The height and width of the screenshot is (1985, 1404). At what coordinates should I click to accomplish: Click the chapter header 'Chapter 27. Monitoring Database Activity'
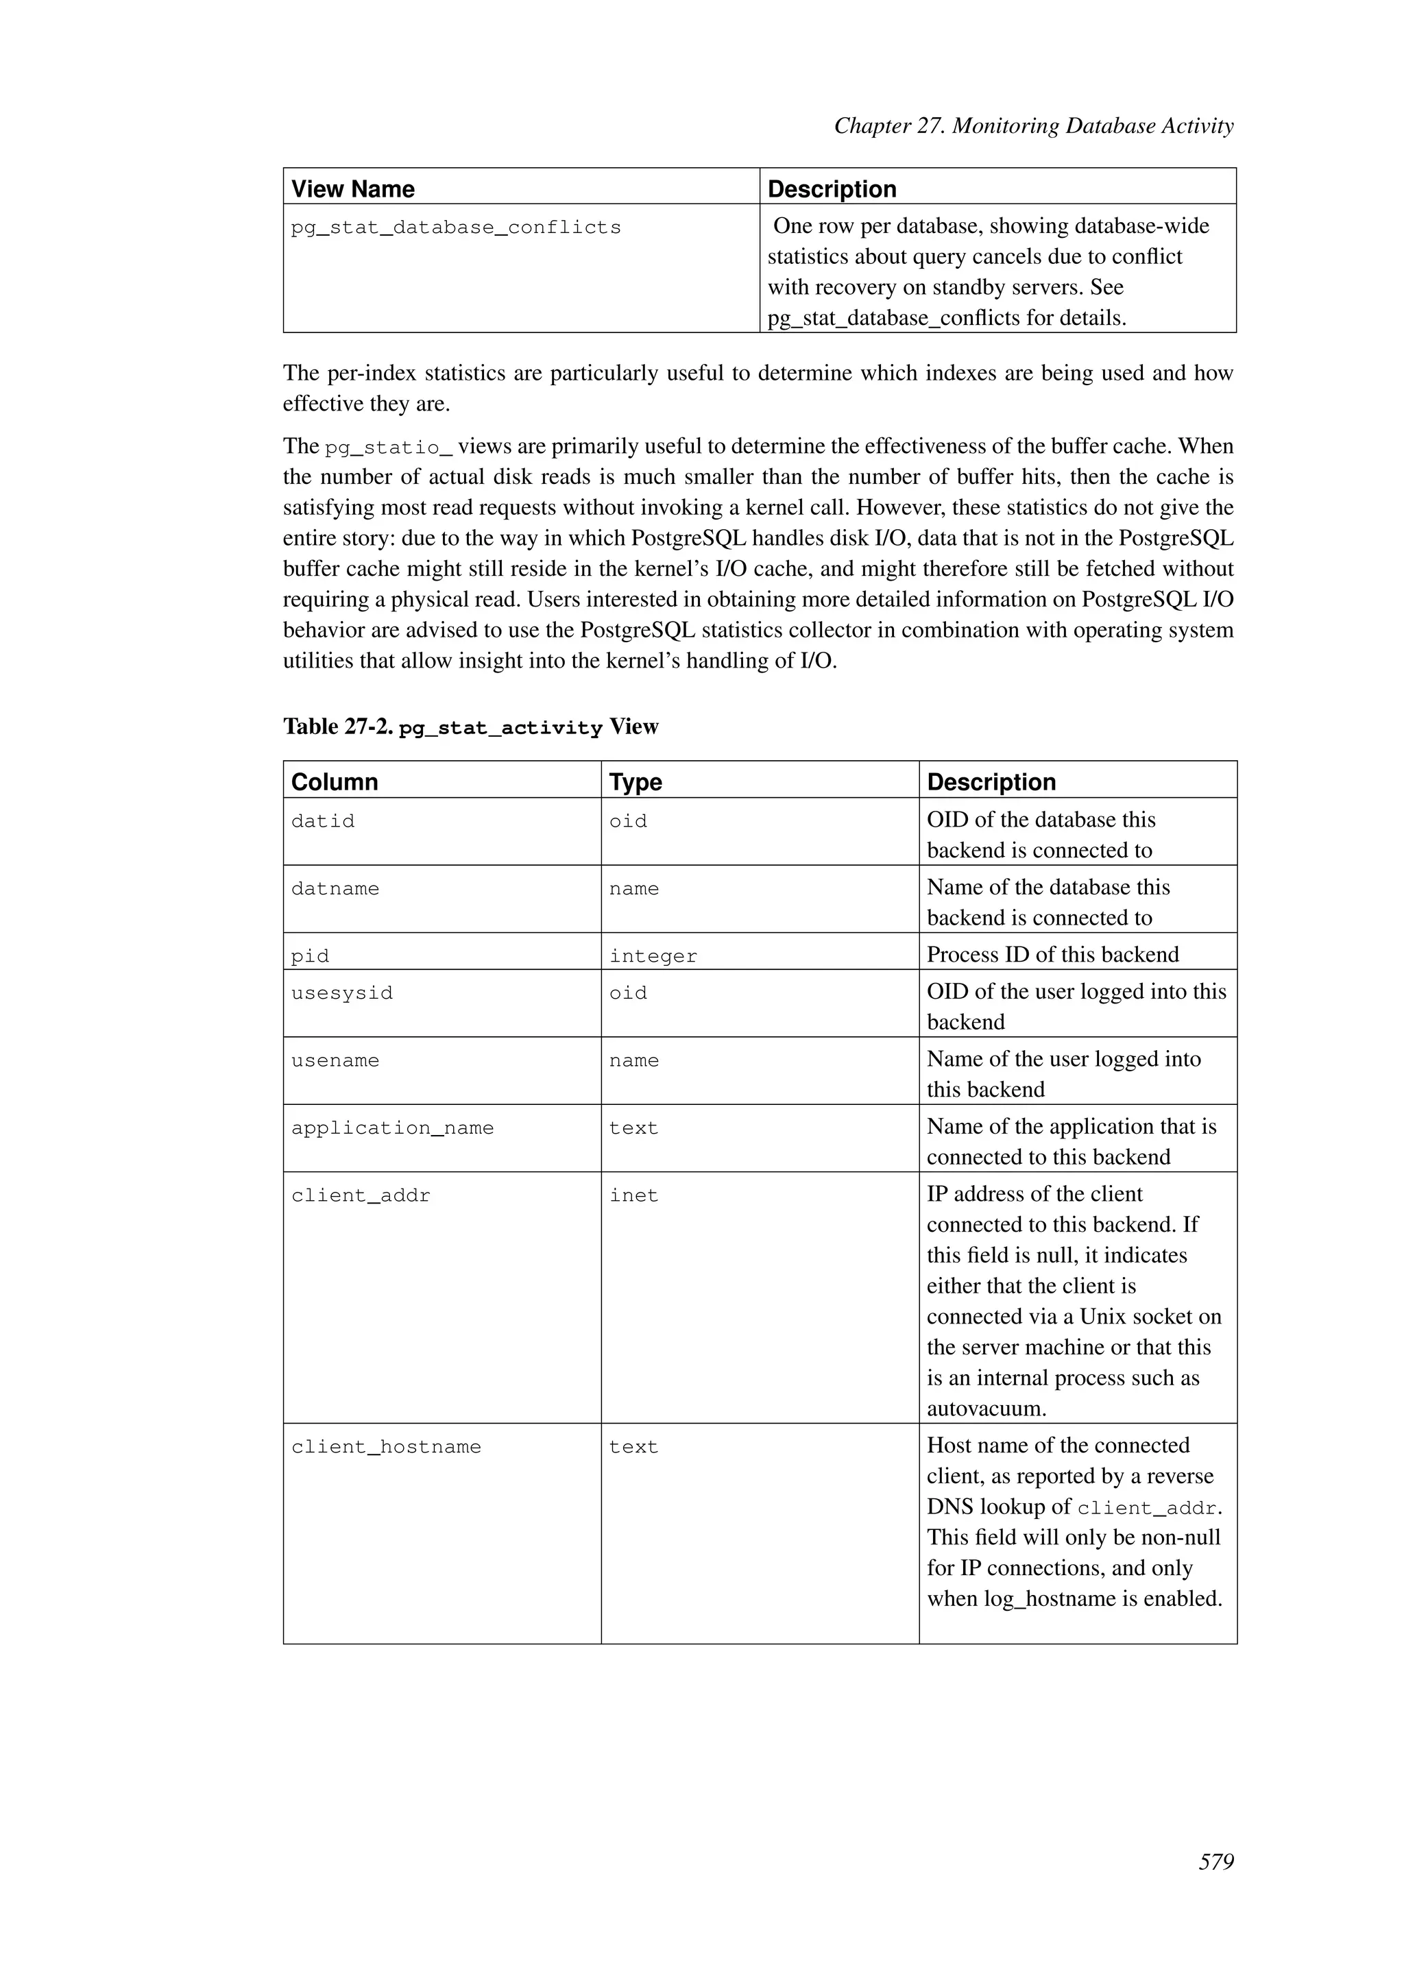tap(1033, 126)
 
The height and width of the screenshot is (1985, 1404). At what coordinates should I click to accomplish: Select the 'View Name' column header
tap(353, 188)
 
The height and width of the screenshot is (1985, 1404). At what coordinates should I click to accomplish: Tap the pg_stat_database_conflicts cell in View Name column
tap(456, 228)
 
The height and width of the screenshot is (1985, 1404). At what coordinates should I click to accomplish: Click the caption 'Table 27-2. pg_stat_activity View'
tap(470, 727)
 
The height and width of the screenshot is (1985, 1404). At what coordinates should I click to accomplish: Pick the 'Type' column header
tap(636, 781)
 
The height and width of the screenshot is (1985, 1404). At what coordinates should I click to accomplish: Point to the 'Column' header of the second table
tap(335, 781)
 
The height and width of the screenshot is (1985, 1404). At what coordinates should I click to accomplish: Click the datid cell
tap(322, 821)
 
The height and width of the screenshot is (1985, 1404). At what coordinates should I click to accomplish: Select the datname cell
tap(335, 889)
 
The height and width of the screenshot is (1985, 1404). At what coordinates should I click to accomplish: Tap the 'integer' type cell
tap(653, 956)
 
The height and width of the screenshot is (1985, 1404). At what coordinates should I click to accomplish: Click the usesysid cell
tap(341, 993)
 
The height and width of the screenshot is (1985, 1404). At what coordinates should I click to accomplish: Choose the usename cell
tap(335, 1061)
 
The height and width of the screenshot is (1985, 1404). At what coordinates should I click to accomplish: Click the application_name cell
tap(393, 1128)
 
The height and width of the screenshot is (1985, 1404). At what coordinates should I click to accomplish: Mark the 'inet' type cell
tap(633, 1195)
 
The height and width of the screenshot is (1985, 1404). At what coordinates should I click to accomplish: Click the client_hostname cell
tap(385, 1447)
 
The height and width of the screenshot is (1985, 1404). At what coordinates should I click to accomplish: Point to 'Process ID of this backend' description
tap(1052, 955)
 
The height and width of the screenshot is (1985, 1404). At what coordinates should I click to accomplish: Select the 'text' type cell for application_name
tap(633, 1128)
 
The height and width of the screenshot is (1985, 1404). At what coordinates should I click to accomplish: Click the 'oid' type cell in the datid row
tap(628, 821)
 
